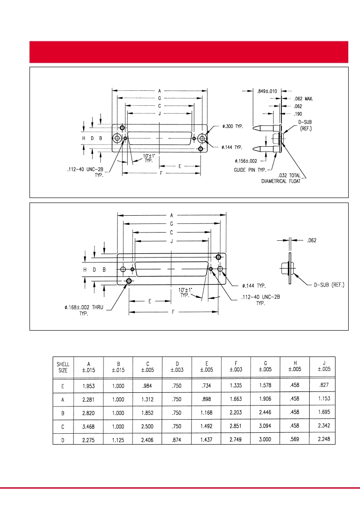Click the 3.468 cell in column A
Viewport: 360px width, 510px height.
tap(89, 426)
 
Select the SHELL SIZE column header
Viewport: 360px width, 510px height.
tap(63, 367)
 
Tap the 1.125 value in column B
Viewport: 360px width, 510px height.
tap(118, 440)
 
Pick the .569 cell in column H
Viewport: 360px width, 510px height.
tap(294, 439)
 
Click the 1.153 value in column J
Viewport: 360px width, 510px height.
tap(324, 398)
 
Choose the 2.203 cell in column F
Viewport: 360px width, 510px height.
tap(236, 412)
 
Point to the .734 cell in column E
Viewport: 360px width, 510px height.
tap(206, 386)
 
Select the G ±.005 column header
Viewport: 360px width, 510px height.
tap(266, 366)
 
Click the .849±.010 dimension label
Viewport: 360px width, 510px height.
tap(267, 91)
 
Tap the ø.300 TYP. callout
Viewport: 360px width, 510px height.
tap(233, 126)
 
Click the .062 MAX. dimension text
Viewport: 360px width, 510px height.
tap(303, 99)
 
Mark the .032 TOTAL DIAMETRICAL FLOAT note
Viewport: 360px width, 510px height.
tap(281, 178)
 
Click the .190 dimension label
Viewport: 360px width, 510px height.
tap(298, 114)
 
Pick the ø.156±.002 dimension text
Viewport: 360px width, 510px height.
tap(246, 161)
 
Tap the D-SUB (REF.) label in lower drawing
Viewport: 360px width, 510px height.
tap(329, 285)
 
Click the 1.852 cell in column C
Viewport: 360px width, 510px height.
tap(148, 413)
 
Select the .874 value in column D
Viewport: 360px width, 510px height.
tap(177, 440)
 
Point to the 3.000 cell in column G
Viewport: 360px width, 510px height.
tap(265, 440)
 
